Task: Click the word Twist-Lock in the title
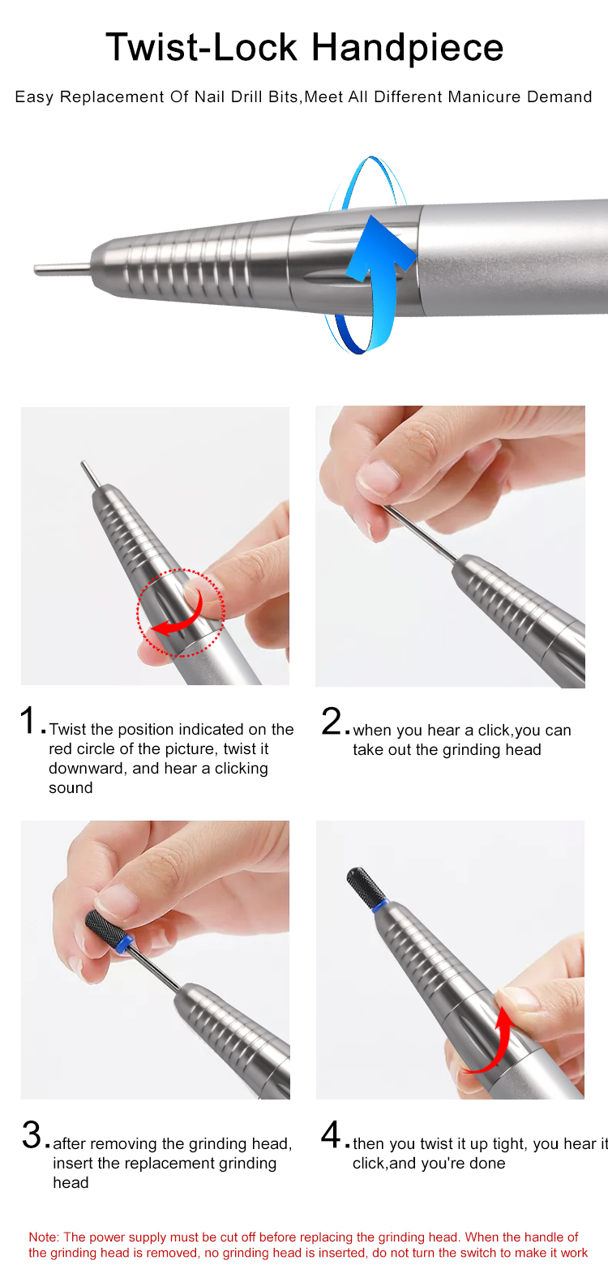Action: tap(202, 47)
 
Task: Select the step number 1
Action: tap(28, 720)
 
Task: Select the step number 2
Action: tap(332, 721)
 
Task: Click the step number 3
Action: tap(32, 1135)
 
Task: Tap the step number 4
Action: tap(332, 1134)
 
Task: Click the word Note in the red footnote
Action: tap(43, 1237)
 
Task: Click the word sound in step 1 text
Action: tap(71, 787)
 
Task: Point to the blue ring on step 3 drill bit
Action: tap(125, 943)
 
